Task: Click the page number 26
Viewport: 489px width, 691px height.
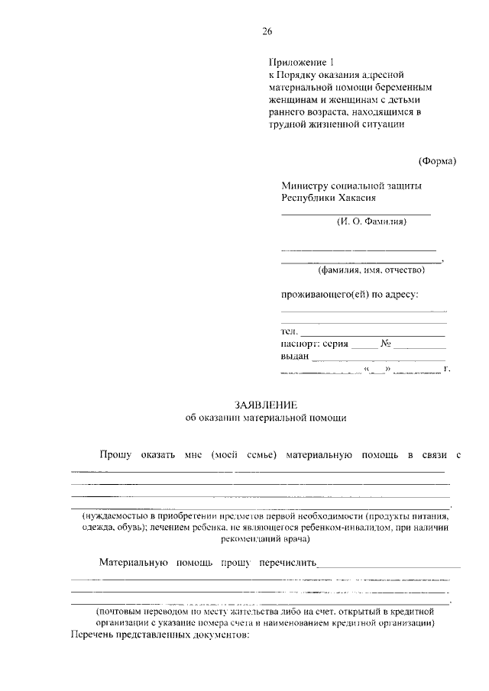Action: (267, 31)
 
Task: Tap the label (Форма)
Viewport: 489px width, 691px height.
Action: (437, 160)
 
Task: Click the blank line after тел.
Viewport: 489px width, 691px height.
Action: (372, 332)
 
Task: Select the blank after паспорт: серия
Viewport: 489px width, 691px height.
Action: (364, 345)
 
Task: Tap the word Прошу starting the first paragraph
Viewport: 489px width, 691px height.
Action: (115, 455)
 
